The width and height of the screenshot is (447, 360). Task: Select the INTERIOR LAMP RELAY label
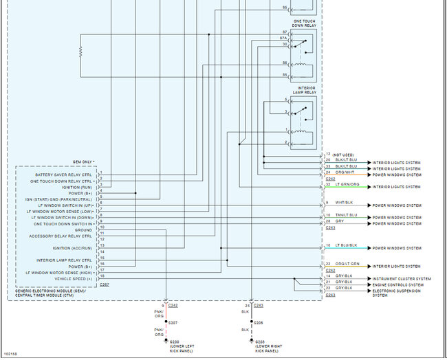click(x=306, y=91)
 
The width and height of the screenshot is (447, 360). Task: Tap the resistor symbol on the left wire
click(x=80, y=52)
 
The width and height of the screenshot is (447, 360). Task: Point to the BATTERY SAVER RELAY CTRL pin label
click(x=64, y=175)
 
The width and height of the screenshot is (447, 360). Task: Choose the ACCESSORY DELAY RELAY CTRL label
click(x=62, y=236)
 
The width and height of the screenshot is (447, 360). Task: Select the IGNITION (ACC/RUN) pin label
click(x=72, y=248)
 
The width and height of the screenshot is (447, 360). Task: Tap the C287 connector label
click(x=104, y=284)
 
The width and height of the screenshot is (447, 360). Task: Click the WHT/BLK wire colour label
click(x=345, y=203)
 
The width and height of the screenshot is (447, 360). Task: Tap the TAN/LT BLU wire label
click(x=347, y=215)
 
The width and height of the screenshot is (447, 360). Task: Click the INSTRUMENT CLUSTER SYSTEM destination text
click(x=402, y=279)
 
